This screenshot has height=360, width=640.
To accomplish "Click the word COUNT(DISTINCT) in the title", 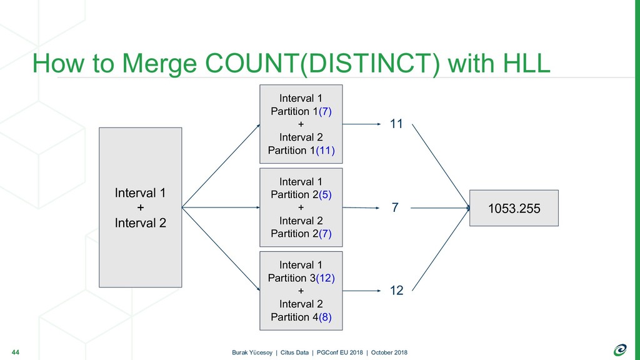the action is (x=322, y=64).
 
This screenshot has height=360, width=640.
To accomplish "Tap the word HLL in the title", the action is (x=526, y=63).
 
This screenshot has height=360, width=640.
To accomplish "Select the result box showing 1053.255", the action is (x=514, y=208).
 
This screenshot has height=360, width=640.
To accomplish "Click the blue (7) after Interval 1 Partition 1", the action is (x=325, y=111).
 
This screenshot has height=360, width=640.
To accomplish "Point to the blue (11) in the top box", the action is (x=325, y=151).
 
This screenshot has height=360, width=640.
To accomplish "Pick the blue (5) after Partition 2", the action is (x=325, y=195).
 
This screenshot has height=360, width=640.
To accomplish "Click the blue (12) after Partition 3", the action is (x=325, y=278).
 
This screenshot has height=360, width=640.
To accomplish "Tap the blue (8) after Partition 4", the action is (x=325, y=317).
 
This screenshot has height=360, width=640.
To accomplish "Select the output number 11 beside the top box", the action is (x=396, y=124).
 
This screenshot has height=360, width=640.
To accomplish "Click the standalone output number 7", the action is (x=395, y=207).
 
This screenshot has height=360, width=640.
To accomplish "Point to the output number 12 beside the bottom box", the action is (x=396, y=291).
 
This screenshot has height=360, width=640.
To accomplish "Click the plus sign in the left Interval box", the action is (x=141, y=207).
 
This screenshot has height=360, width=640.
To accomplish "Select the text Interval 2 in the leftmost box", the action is (x=141, y=223).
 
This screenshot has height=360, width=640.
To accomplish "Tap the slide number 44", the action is (x=16, y=352).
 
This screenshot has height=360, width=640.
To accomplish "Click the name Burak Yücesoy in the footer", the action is (x=252, y=352).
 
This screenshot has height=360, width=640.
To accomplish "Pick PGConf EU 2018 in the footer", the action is (x=339, y=352).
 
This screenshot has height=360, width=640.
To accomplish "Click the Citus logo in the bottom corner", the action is (x=620, y=350).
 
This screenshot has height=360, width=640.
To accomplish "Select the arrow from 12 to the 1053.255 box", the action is (x=441, y=249).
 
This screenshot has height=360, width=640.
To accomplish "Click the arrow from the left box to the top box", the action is (x=221, y=166).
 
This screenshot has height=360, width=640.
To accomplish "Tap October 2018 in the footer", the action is (x=389, y=352).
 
